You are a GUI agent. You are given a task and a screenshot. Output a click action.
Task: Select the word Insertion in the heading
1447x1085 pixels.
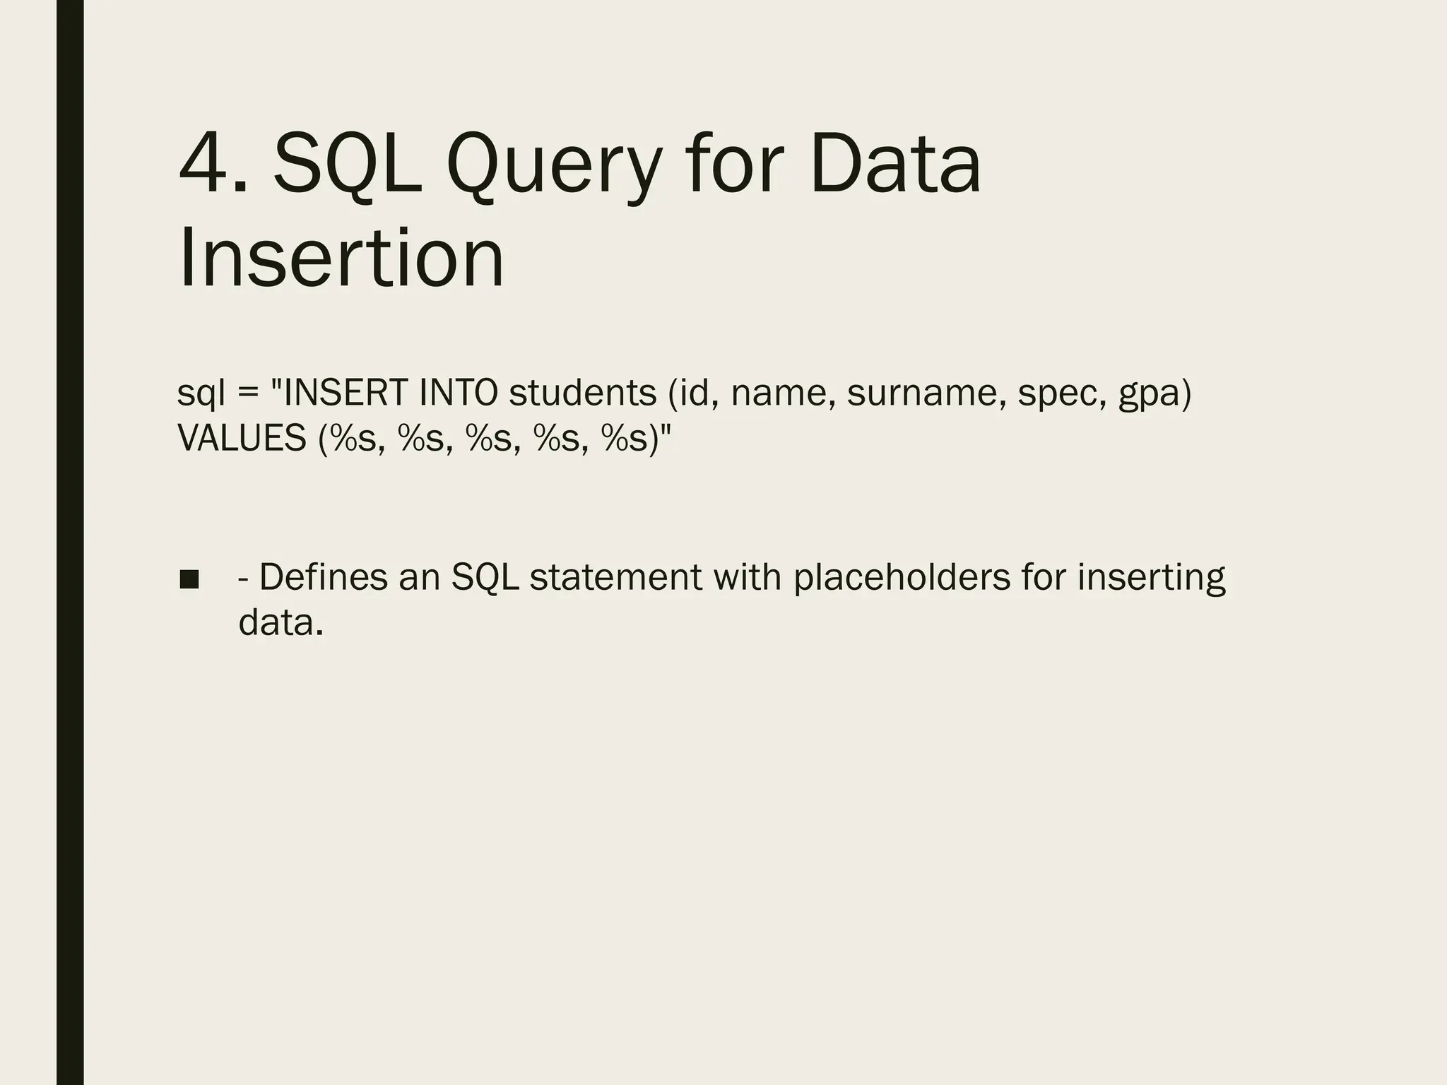click(x=341, y=259)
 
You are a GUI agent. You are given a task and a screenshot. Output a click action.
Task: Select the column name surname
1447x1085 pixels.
click(x=926, y=393)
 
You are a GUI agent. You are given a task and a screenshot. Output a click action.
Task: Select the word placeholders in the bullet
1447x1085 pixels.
click(x=902, y=577)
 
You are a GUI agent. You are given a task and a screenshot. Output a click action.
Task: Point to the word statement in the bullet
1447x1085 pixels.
click(x=615, y=577)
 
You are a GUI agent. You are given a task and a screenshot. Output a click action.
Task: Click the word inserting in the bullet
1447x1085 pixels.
click(x=1151, y=578)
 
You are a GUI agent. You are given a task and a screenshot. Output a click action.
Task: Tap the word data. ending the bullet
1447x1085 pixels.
click(x=280, y=622)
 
